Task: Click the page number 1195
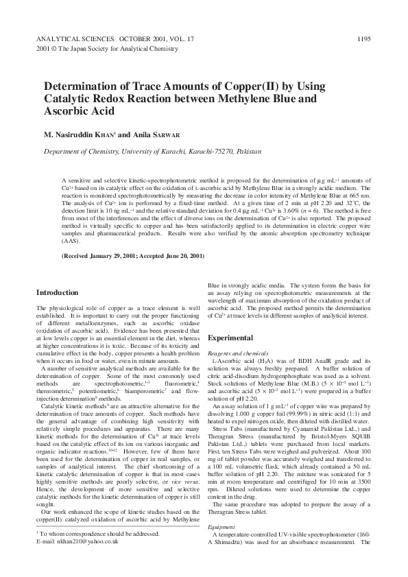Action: click(363, 40)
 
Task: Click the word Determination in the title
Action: click(80, 87)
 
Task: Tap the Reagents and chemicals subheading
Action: click(236, 352)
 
